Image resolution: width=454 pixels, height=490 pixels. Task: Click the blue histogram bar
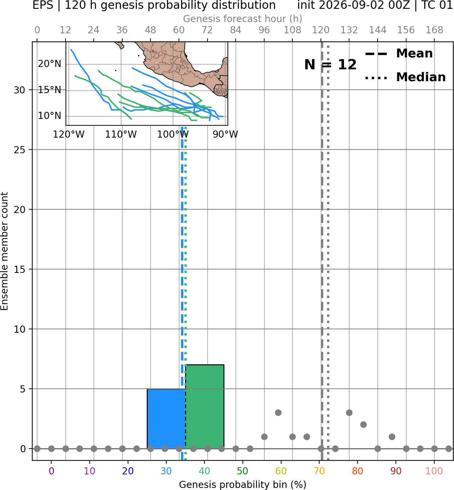coord(166,419)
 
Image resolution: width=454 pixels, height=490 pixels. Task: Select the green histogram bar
coord(205,407)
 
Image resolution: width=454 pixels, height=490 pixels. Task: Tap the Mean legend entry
coord(399,54)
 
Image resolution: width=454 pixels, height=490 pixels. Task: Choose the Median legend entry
coord(405,77)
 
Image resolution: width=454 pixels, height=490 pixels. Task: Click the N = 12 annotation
coord(330,65)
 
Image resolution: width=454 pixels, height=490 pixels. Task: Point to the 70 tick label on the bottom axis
coord(319,471)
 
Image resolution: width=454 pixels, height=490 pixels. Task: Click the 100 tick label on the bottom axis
coord(434,471)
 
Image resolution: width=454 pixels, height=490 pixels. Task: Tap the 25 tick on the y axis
coord(20,150)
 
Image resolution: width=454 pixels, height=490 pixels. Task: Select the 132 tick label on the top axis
coord(349,30)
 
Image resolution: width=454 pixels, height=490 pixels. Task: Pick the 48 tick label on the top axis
coord(150,30)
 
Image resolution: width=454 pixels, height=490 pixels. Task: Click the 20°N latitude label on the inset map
coord(49,64)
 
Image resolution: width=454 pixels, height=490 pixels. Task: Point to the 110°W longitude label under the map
coord(121,135)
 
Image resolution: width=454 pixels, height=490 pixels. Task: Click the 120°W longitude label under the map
coord(69,135)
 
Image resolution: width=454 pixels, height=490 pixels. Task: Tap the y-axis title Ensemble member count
coord(4,251)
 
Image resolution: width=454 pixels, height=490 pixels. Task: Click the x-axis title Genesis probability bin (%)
coord(243,485)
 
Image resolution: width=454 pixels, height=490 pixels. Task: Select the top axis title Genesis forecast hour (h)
coord(243,19)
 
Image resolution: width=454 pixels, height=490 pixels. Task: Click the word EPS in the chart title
coord(43,5)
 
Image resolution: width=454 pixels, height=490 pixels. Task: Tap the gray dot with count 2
coord(363,425)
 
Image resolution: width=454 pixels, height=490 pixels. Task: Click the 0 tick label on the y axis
coord(23,449)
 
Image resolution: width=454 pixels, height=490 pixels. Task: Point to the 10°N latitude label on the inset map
coord(49,116)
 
